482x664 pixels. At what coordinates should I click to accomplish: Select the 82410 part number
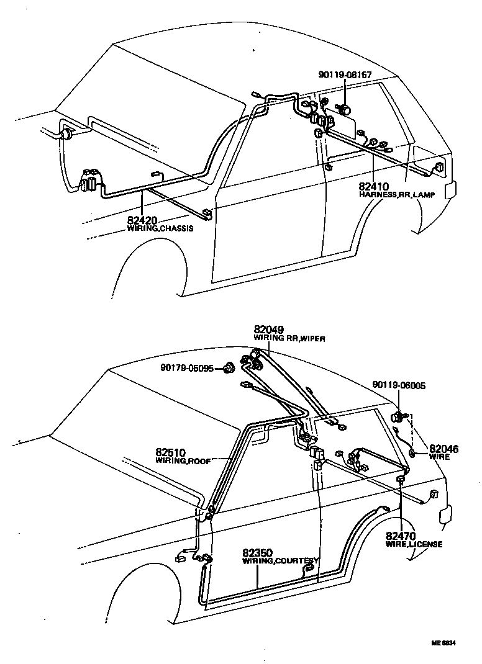373,187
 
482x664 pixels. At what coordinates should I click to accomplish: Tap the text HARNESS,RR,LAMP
396,195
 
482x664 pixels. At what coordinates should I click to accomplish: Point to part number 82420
142,220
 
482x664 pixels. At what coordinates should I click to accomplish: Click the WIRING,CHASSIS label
160,228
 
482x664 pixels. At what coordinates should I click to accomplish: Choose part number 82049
268,330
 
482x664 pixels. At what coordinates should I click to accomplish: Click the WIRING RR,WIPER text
289,338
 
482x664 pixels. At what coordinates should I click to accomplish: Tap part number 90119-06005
399,385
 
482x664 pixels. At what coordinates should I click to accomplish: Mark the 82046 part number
443,449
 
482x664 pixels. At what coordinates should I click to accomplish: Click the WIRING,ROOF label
183,461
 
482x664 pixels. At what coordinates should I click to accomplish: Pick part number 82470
401,536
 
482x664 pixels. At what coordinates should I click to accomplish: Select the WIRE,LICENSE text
414,544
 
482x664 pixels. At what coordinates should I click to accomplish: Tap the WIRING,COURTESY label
280,560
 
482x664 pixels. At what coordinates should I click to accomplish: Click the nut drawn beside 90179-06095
228,367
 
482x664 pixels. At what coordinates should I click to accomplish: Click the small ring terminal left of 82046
411,454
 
